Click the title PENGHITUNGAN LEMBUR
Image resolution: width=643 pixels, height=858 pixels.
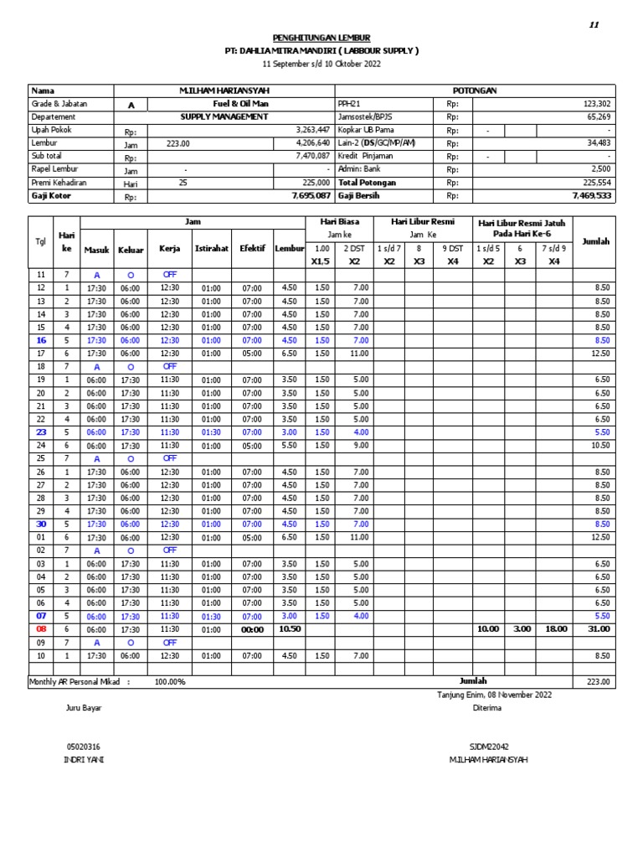(321, 38)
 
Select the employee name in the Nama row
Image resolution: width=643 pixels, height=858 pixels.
(224, 90)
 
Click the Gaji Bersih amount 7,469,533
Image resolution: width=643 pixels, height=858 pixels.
(592, 195)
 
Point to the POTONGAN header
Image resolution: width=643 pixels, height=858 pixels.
(475, 90)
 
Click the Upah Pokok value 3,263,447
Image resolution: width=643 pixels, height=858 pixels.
(313, 130)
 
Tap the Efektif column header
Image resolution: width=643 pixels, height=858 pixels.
(252, 249)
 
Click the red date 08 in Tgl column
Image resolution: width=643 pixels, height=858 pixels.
(41, 628)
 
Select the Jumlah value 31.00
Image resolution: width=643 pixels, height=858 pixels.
(598, 628)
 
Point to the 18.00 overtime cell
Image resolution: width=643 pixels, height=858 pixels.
(554, 628)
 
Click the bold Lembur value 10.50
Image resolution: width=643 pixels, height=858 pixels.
(289, 628)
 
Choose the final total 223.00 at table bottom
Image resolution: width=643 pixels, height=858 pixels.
(598, 682)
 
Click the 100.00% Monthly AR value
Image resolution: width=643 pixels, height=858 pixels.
(170, 682)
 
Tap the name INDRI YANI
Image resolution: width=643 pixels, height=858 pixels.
(85, 759)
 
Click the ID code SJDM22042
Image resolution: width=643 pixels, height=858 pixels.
(490, 746)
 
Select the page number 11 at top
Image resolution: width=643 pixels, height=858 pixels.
(594, 25)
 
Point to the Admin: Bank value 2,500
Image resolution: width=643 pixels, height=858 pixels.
(599, 169)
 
